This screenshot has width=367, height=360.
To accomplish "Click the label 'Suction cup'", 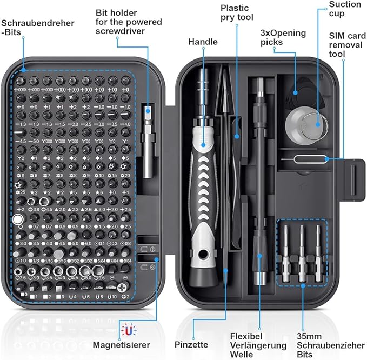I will click(x=344, y=9).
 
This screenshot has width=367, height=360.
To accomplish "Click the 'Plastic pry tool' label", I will click(x=236, y=15).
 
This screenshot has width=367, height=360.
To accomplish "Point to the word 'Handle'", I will click(x=203, y=42).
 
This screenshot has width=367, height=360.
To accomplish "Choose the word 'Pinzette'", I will click(x=191, y=344).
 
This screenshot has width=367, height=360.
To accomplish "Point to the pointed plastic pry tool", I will click(x=221, y=103).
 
